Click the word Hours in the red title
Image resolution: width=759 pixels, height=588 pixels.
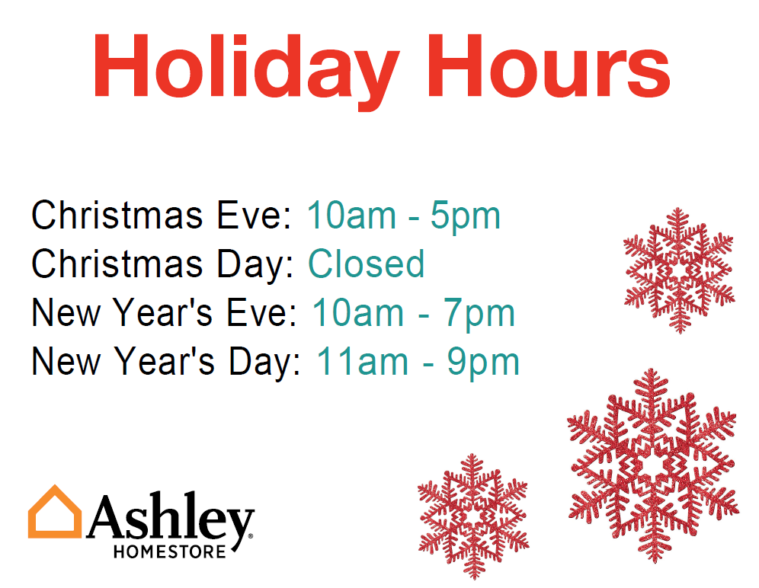pyautogui.click(x=549, y=66)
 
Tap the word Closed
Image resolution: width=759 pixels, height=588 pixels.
pyautogui.click(x=367, y=264)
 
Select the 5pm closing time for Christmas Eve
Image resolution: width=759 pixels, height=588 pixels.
pyautogui.click(x=465, y=217)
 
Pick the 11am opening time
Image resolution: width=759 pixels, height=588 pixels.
pyautogui.click(x=363, y=360)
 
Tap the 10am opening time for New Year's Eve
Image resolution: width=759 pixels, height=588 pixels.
pyautogui.click(x=358, y=312)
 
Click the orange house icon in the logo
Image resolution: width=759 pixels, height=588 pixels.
pyautogui.click(x=55, y=511)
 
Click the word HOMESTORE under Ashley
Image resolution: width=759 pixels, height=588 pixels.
pyautogui.click(x=169, y=551)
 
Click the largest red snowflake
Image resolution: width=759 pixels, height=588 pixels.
pyautogui.click(x=653, y=465)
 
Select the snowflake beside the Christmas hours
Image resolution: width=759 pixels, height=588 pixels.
pyautogui.click(x=679, y=270)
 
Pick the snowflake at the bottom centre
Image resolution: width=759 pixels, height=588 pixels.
pyautogui.click(x=473, y=516)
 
